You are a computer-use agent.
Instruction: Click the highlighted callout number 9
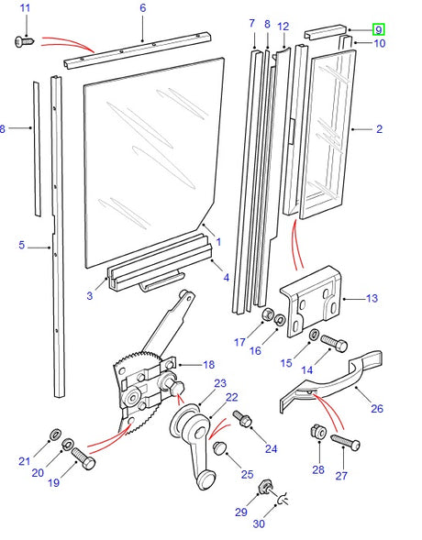378,28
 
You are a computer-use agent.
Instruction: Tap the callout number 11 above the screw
25,8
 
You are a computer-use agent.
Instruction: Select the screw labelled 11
24,39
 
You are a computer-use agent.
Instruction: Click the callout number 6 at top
142,8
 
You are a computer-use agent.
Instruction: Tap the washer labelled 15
314,334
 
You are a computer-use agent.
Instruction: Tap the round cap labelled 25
220,446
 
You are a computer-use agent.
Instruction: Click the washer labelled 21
54,432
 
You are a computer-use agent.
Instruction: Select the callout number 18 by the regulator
208,364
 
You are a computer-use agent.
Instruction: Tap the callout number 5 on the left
21,246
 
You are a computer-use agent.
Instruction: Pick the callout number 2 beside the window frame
378,129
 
